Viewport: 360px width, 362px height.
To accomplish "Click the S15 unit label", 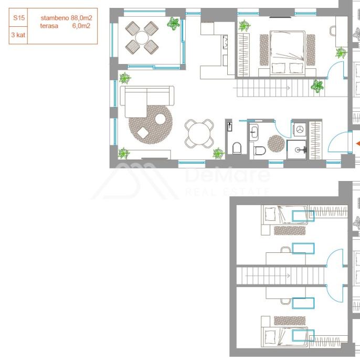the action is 19,18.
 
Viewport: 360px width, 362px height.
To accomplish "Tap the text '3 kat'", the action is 18,35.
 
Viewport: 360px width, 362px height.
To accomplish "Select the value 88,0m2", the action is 81,18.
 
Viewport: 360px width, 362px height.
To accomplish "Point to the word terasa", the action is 49,26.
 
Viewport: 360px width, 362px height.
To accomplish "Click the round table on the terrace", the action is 142,38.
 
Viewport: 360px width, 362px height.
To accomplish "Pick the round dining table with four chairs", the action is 199,134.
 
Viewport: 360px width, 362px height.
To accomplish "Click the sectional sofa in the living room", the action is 147,101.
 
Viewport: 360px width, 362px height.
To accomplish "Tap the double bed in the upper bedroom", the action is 288,53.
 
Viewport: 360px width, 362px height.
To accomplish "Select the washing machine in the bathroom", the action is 300,130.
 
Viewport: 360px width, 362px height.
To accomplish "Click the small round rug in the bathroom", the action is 276,144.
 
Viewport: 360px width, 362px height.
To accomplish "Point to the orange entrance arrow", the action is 358,144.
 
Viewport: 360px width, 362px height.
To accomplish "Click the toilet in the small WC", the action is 237,148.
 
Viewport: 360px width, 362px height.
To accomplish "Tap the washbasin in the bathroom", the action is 254,132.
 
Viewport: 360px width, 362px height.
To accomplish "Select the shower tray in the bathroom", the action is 297,150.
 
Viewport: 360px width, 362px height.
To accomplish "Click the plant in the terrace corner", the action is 173,23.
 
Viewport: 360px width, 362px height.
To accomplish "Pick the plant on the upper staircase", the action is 317,86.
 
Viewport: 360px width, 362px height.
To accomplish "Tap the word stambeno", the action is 55,18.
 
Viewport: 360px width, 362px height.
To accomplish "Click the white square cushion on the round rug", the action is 143,133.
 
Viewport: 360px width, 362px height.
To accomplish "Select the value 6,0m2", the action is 81,26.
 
